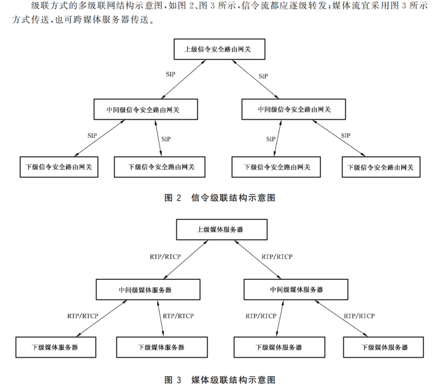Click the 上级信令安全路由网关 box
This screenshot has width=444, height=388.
click(x=220, y=49)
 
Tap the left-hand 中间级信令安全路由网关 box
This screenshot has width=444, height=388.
click(x=145, y=109)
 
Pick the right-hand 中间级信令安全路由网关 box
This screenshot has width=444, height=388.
click(x=293, y=109)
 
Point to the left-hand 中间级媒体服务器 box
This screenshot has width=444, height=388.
click(x=145, y=290)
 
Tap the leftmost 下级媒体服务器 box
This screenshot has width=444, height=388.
click(x=55, y=347)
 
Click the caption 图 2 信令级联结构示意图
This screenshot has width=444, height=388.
click(x=220, y=198)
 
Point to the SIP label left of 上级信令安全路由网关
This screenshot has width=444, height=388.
click(x=170, y=73)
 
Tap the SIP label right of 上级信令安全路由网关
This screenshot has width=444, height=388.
click(x=262, y=76)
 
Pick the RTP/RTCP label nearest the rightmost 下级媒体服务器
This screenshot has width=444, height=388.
click(x=359, y=315)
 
